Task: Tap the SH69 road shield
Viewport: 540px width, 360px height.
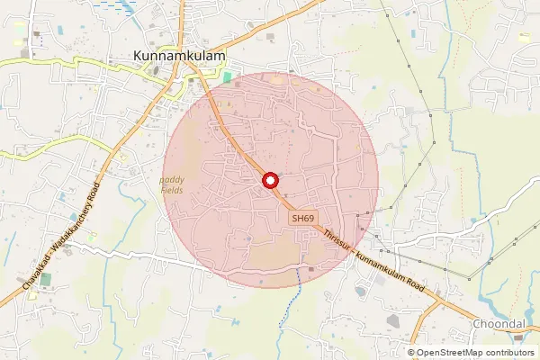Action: click(x=302, y=219)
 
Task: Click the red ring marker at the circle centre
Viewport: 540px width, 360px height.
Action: click(x=270, y=181)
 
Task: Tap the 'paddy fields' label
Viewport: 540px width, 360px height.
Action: click(x=173, y=184)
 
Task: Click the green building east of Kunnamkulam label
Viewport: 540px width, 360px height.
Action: click(x=227, y=78)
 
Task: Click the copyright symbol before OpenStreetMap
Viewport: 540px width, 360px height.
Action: click(x=411, y=352)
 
